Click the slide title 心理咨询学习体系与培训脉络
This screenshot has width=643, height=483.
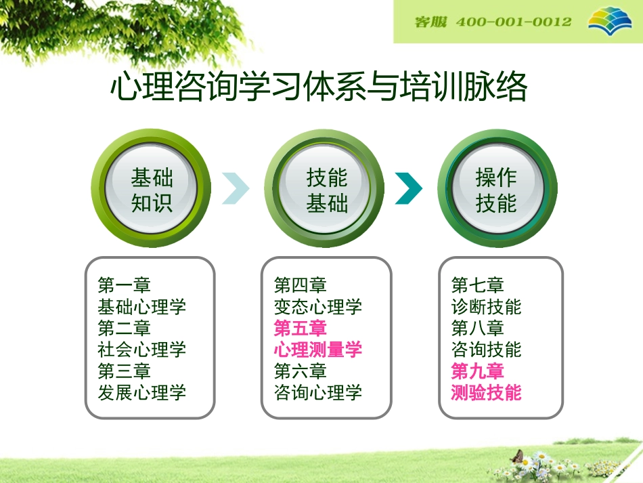pyautogui.click(x=318, y=88)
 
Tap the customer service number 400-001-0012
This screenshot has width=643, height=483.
pyautogui.click(x=514, y=22)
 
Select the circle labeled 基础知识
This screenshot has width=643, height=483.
pyautogui.click(x=152, y=190)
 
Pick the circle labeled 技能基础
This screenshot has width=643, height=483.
pyautogui.click(x=326, y=190)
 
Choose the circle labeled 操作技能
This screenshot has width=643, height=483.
pyautogui.click(x=496, y=190)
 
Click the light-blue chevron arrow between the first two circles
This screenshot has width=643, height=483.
pyautogui.click(x=235, y=189)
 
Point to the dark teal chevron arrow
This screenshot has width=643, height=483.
pyautogui.click(x=408, y=189)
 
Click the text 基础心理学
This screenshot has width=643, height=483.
pyautogui.click(x=141, y=307)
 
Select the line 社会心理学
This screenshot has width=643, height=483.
pyautogui.click(x=141, y=350)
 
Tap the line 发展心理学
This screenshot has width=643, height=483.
pyautogui.click(x=141, y=392)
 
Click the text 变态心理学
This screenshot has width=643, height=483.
pyautogui.click(x=317, y=307)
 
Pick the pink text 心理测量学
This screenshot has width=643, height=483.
pyautogui.click(x=317, y=350)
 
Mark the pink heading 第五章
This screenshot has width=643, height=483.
pyautogui.click(x=300, y=329)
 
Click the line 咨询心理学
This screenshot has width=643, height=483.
pyautogui.click(x=317, y=392)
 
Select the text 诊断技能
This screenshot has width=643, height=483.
pyautogui.click(x=486, y=307)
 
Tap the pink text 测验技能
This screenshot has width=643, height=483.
pyautogui.click(x=486, y=392)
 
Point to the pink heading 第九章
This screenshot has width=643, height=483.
pyautogui.click(x=477, y=371)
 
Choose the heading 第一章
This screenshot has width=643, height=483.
pyautogui.click(x=124, y=285)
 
